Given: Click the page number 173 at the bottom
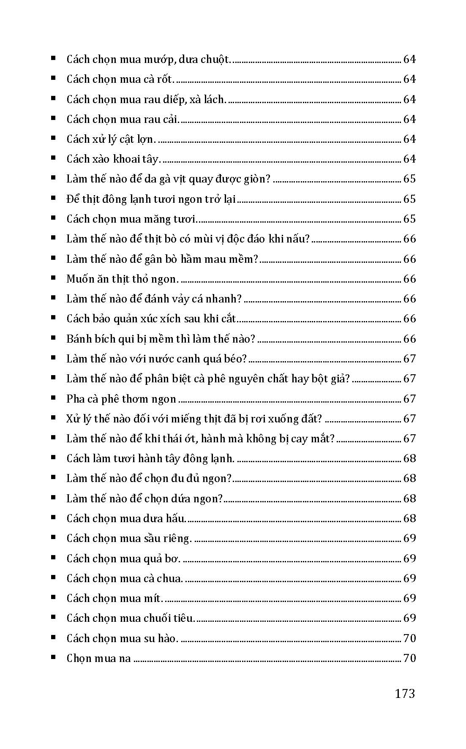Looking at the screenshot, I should (x=405, y=694).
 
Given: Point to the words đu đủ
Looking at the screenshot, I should (x=196, y=479).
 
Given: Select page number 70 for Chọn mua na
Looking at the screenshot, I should (x=409, y=658).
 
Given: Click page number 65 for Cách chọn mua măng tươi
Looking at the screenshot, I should (x=409, y=219).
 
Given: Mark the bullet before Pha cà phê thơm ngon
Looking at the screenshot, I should (x=53, y=398).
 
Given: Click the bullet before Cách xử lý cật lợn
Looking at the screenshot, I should (x=53, y=138).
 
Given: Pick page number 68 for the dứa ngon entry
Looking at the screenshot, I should (x=409, y=499).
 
